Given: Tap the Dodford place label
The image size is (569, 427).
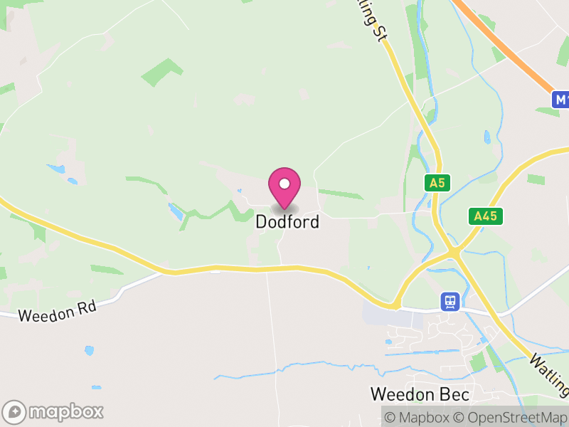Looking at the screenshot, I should tap(287, 222).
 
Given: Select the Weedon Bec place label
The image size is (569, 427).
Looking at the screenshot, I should tap(420, 394).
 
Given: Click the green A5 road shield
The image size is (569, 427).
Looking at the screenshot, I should tap(437, 183).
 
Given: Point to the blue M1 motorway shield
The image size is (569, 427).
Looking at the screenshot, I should tap(561, 100).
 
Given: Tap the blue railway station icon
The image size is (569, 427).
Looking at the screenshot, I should tap(450, 302).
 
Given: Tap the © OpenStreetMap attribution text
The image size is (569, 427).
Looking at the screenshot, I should tap(510, 416).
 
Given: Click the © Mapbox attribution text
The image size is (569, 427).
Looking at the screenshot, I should tap(416, 416).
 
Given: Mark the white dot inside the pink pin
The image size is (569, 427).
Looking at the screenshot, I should tap(284, 184).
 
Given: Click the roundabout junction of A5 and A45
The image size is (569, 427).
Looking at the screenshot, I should tap(453, 251).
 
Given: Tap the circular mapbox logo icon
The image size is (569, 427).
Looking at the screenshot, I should tap(14, 411).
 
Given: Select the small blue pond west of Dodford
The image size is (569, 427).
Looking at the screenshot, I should tap(174, 210).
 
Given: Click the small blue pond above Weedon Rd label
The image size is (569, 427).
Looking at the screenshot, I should tap(88, 351).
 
